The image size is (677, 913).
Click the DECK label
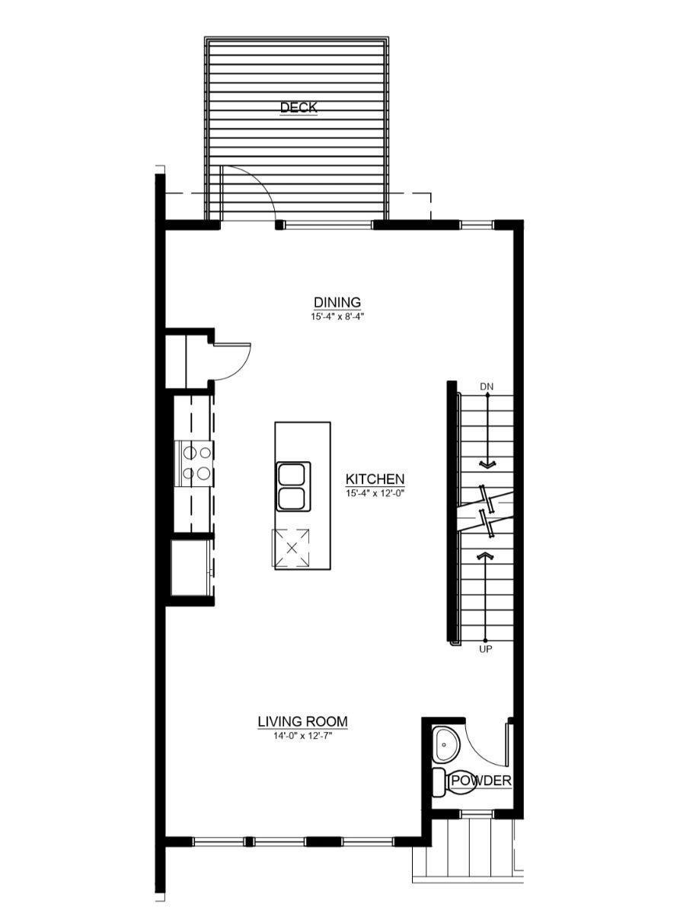click(298, 107)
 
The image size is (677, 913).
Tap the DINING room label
click(337, 302)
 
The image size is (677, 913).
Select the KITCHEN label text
click(375, 479)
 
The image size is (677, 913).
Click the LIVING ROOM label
click(302, 721)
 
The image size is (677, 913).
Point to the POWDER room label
click(481, 781)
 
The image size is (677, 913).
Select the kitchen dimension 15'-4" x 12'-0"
click(375, 493)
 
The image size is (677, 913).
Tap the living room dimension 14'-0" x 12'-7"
click(302, 735)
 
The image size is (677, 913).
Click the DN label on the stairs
click(487, 387)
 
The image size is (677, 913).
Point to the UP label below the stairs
click(485, 650)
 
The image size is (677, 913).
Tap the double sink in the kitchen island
click(292, 485)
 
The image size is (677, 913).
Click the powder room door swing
click(480, 749)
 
